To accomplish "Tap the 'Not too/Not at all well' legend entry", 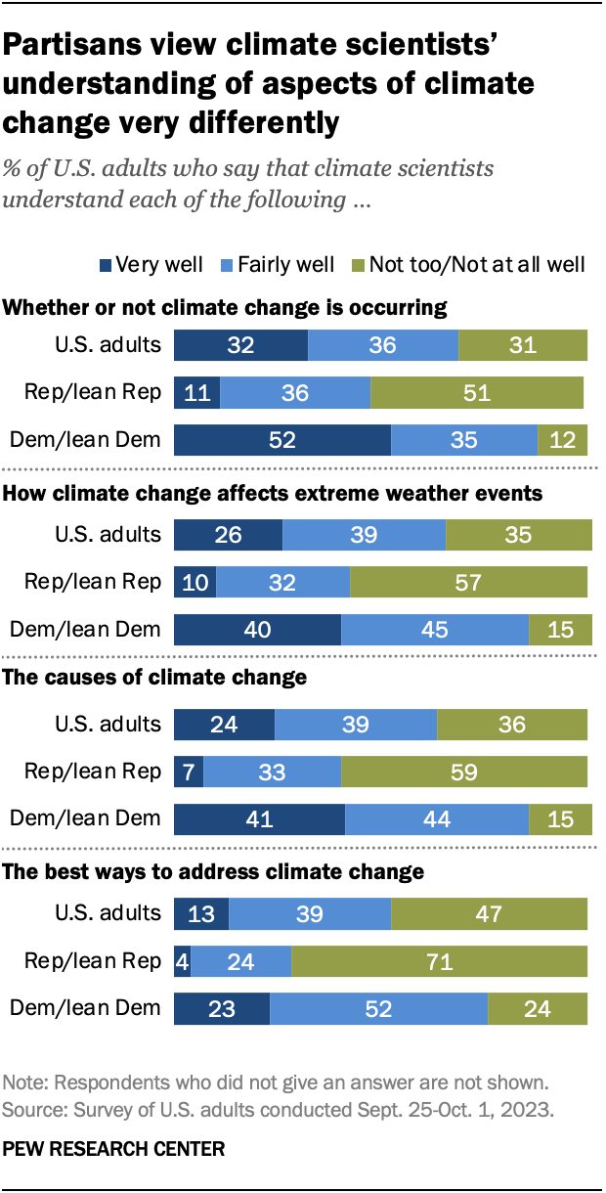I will [470, 265].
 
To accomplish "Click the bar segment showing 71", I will [439, 961].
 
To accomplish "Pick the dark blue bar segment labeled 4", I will [182, 961].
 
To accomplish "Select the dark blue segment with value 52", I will [282, 440].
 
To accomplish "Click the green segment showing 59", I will [464, 772].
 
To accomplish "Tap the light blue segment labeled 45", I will [435, 629].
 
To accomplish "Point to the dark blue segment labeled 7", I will [189, 772].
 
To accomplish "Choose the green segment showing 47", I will [489, 913].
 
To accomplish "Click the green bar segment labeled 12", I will [562, 440].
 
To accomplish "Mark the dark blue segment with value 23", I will [222, 1007].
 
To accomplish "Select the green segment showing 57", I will [468, 582].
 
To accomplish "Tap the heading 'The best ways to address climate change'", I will [214, 870].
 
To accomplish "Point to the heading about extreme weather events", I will [273, 494].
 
